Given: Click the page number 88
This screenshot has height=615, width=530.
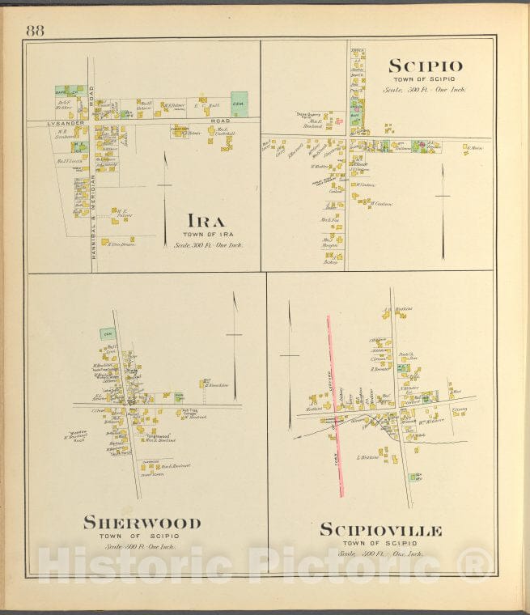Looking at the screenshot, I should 35,31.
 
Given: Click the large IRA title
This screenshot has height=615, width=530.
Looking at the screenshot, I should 207,220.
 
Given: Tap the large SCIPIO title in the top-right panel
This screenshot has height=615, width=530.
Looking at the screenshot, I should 426,66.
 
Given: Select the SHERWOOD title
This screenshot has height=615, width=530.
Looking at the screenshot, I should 142,522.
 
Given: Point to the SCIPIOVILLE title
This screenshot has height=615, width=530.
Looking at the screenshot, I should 380,530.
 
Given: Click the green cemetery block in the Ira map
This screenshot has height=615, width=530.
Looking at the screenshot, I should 240,104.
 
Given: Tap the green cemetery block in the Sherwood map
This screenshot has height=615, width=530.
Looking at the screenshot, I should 107,333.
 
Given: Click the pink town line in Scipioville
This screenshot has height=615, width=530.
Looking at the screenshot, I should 334,405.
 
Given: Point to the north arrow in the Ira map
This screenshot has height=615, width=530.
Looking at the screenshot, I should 165,186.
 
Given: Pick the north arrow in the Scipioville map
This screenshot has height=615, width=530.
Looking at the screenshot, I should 289,364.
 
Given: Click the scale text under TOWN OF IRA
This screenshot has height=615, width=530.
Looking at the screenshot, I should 208,244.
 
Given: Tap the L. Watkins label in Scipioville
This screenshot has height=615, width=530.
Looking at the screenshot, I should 369,457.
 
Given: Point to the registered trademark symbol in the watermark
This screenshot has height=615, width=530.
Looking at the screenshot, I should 477,562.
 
